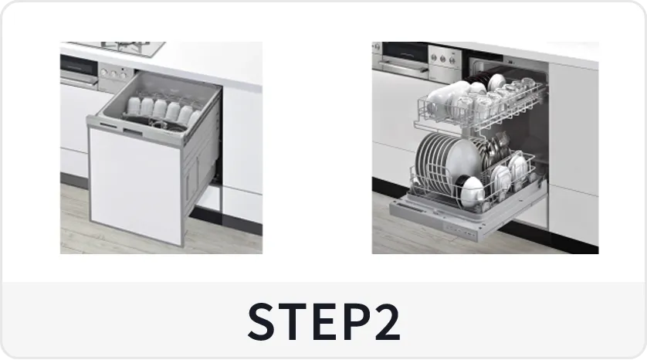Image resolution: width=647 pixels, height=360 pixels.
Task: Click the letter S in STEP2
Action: [261, 321]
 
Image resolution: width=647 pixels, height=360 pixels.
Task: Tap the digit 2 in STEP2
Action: [387, 321]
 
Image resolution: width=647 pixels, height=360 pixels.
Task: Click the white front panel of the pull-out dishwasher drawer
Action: [135, 185]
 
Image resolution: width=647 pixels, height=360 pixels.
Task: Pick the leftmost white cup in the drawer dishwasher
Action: [134, 106]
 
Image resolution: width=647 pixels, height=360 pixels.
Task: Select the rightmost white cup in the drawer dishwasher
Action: [195, 117]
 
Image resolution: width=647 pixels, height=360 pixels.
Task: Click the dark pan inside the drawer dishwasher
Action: [153, 122]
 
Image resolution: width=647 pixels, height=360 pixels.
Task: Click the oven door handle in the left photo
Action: [79, 80]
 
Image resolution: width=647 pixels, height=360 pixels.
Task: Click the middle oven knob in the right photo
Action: [443, 59]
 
